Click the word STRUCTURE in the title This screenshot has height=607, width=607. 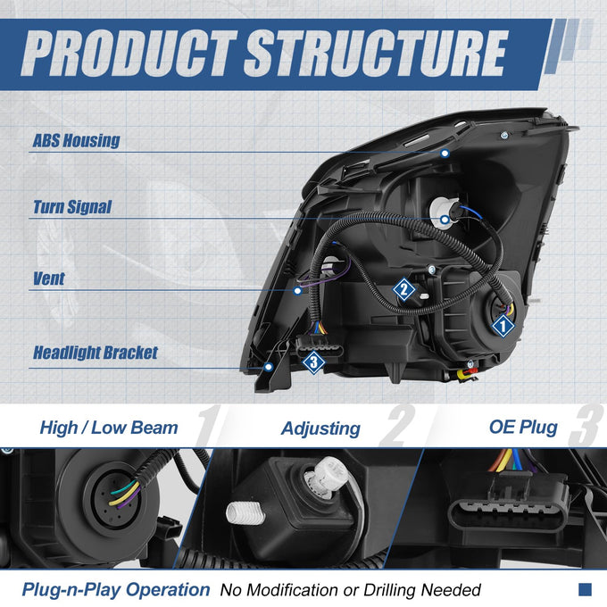click(x=376, y=53)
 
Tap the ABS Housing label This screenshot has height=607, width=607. click(x=76, y=140)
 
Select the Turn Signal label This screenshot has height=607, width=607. click(x=72, y=207)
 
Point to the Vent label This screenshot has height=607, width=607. click(x=49, y=279)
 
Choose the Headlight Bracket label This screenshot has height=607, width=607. click(x=96, y=353)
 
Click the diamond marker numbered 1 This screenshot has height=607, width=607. click(x=503, y=326)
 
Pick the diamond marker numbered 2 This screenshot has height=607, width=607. click(x=403, y=289)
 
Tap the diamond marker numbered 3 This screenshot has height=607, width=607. click(x=313, y=362)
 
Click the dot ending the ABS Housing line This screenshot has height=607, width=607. click(x=445, y=154)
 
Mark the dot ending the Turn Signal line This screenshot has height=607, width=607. click(x=445, y=220)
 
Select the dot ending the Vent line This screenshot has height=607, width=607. click(x=297, y=291)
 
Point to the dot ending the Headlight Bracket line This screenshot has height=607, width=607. click(x=269, y=367)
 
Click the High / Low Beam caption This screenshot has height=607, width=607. click(x=109, y=428)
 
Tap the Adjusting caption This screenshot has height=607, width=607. click(x=321, y=429)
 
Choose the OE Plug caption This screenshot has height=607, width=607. click(x=523, y=428)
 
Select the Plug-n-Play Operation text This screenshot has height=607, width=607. click(x=116, y=590)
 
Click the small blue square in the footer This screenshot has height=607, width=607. click(x=585, y=589)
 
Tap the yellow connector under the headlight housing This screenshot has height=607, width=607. click(x=462, y=374)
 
